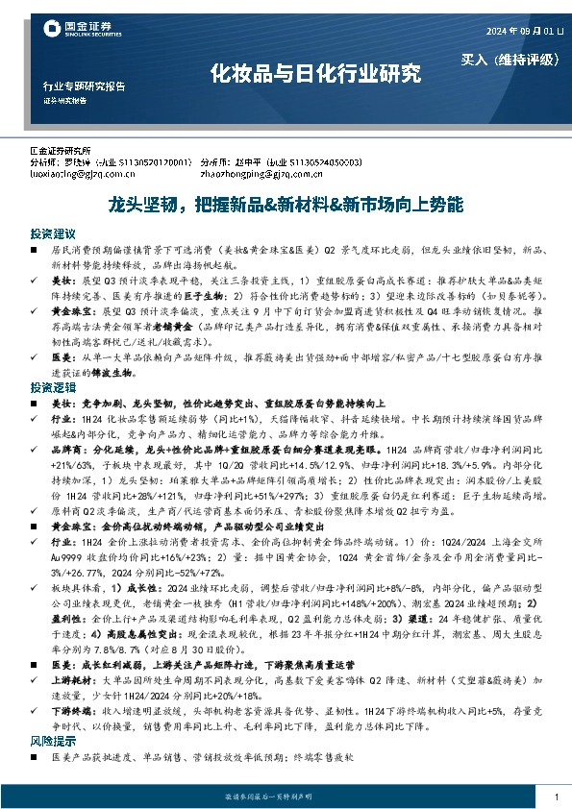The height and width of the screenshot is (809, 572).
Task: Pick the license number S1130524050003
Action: click(x=327, y=163)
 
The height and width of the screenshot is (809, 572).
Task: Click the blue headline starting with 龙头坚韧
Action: click(x=286, y=206)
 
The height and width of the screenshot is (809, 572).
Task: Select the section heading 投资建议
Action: click(x=52, y=233)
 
